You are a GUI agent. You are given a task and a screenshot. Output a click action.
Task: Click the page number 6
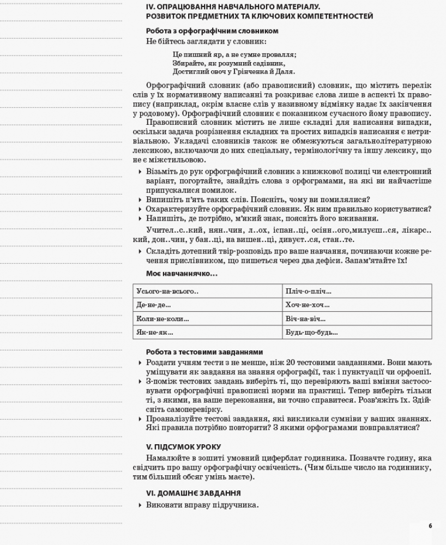[430, 526]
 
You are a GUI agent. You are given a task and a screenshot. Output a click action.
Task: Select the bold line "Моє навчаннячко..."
[181, 273]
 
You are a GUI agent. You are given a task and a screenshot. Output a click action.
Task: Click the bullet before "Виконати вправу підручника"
[140, 505]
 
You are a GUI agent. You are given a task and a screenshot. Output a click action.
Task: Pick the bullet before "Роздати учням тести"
[140, 362]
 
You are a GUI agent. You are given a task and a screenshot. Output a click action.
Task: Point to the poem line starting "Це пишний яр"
[234, 55]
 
